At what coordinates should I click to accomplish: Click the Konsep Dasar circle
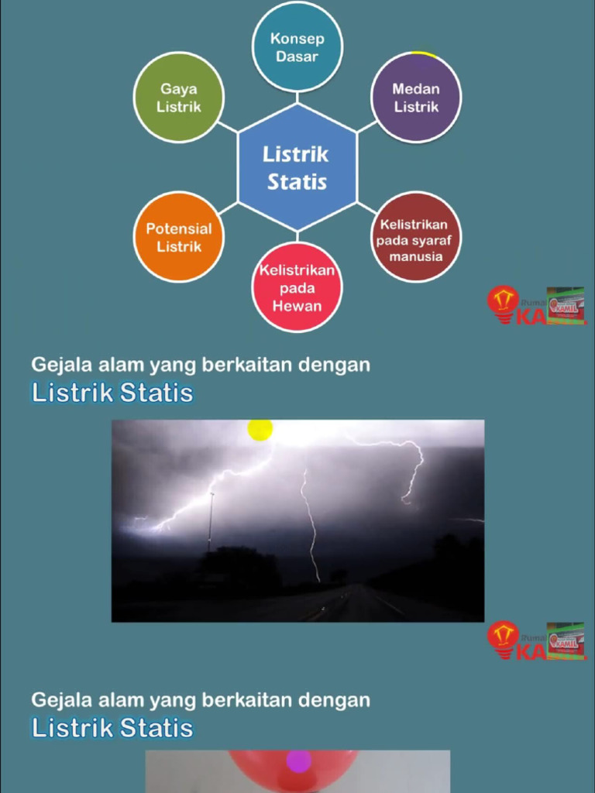point(297,47)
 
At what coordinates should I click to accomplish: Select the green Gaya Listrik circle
point(179,98)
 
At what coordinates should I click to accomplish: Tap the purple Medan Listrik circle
point(416,98)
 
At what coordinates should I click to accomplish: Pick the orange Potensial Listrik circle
point(179,237)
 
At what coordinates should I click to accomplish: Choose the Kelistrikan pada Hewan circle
point(297,287)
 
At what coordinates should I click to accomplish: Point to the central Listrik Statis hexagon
point(297,167)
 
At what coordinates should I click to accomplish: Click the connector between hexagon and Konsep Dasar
point(297,98)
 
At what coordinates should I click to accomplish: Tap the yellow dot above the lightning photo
point(260,429)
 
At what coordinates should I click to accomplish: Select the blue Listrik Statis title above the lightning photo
point(112,393)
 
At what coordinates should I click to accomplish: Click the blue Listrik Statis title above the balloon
point(112,728)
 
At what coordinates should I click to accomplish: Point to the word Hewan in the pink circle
point(297,305)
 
